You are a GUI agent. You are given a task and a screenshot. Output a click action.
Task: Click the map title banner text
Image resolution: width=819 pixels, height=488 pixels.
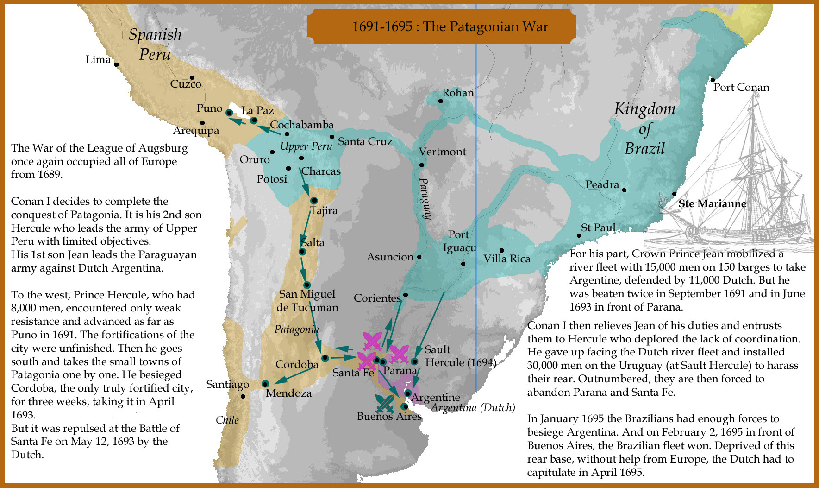click(x=450, y=26)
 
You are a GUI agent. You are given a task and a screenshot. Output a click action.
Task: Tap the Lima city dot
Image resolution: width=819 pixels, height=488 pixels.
click(x=116, y=65)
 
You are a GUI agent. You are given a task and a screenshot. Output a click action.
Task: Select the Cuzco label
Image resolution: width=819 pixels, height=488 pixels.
click(x=186, y=84)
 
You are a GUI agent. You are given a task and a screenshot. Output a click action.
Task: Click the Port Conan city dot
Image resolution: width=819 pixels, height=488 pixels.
click(x=713, y=80)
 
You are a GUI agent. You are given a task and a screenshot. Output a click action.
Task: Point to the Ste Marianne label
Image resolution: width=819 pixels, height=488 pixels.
click(x=712, y=203)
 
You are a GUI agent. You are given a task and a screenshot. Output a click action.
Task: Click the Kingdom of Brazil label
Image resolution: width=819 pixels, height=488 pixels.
click(x=644, y=128)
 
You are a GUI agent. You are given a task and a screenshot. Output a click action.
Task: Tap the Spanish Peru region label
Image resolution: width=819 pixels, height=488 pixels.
click(x=155, y=44)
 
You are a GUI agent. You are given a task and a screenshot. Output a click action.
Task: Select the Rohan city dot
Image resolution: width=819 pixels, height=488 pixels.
click(x=440, y=101)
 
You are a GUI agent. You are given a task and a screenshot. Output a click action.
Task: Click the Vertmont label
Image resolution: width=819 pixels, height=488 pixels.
click(x=442, y=152)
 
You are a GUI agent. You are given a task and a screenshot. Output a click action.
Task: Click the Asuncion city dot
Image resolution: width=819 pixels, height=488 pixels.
click(x=419, y=257)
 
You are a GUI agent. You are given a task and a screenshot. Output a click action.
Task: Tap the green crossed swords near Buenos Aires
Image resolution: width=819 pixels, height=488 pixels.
click(x=385, y=403)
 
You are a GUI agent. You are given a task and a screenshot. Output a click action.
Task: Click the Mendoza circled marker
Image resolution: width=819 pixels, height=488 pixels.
click(x=265, y=384)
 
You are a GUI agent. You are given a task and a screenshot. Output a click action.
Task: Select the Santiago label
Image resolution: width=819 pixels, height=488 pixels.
click(x=227, y=385)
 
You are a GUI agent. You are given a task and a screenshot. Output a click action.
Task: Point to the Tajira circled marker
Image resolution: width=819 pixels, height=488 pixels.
click(x=314, y=201)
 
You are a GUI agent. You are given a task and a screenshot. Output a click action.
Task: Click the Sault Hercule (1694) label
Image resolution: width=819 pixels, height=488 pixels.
click(x=460, y=356)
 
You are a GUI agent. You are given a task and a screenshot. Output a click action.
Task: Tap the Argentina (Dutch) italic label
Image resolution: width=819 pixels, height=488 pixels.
click(x=473, y=408)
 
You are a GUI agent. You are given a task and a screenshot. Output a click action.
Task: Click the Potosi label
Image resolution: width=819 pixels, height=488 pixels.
click(x=272, y=179)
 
